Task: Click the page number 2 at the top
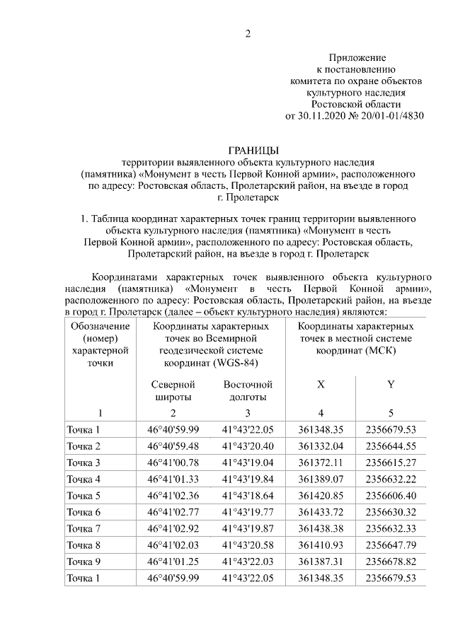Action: tap(248, 33)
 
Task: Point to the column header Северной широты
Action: tap(173, 390)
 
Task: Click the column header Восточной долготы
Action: tap(248, 390)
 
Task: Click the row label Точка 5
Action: tap(84, 495)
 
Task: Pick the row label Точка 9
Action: tap(84, 562)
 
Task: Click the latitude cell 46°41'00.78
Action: tap(173, 462)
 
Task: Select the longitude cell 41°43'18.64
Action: tap(248, 495)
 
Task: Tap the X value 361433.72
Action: tap(321, 512)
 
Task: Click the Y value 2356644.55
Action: tap(390, 446)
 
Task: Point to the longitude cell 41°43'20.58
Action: tap(248, 545)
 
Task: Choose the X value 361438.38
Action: tap(321, 528)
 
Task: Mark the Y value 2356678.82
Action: tap(390, 562)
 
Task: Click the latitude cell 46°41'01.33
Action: tap(173, 479)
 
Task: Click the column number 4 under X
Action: tap(321, 413)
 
